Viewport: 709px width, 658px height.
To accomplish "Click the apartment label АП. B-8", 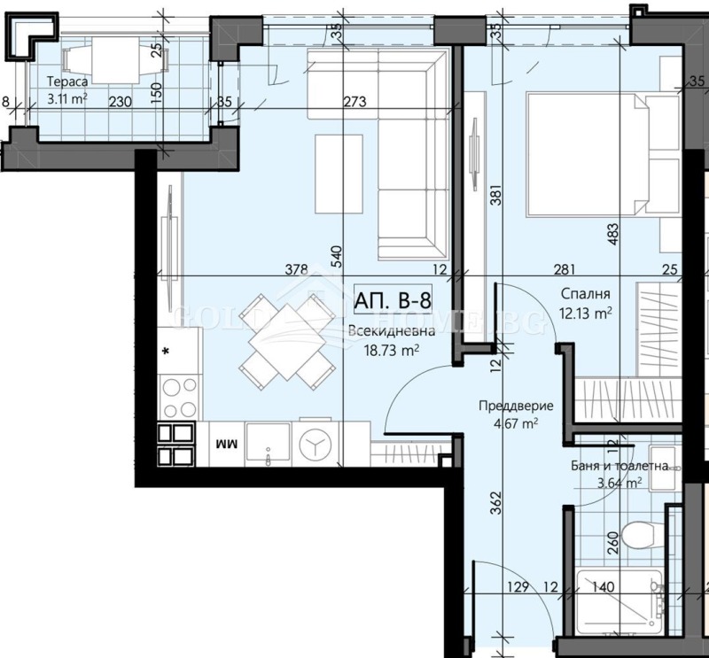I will click(x=394, y=300).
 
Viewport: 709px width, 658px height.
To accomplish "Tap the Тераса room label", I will click(x=66, y=84).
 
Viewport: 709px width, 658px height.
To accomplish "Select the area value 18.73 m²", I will click(x=392, y=350).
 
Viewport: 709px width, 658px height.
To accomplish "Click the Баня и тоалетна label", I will click(x=620, y=464).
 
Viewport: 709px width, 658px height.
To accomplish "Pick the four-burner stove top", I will click(x=179, y=396).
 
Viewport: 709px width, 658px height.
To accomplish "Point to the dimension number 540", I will click(x=335, y=257).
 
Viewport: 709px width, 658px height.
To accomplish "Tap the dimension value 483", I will click(x=611, y=232).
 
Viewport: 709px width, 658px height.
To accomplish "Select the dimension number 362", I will click(x=496, y=505).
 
